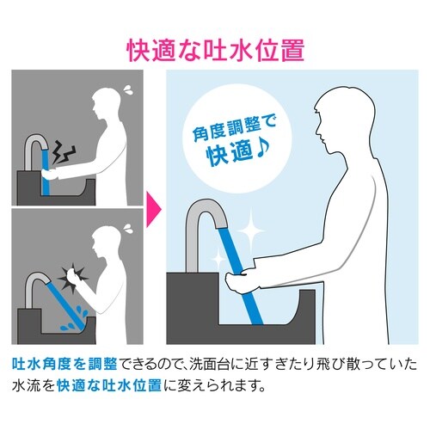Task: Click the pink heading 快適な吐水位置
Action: coord(215,50)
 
